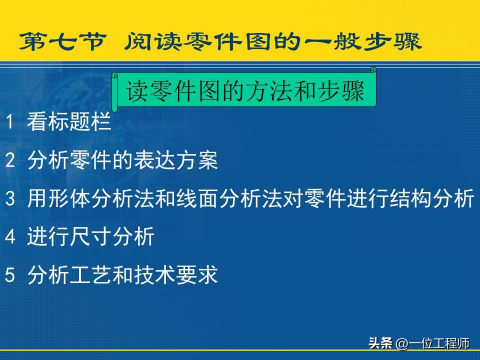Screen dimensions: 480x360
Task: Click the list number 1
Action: pos(9,121)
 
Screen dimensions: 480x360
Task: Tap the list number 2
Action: pos(10,160)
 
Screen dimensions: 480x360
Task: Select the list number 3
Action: pos(10,198)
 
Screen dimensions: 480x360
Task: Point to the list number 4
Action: pos(10,236)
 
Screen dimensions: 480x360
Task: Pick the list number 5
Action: pos(10,274)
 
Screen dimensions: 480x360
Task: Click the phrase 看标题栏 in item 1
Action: pos(69,121)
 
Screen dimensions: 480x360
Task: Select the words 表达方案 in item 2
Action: pos(175,160)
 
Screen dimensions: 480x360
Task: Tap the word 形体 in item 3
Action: pos(69,198)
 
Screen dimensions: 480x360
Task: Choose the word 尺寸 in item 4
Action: pos(90,236)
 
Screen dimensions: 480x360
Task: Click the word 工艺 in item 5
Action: pos(90,274)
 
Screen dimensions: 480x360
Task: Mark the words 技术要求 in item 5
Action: pos(175,274)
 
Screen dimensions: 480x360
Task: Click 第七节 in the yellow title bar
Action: pos(63,41)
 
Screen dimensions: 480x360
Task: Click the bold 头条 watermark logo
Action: pos(380,343)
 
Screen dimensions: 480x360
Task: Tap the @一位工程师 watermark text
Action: pos(432,343)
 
